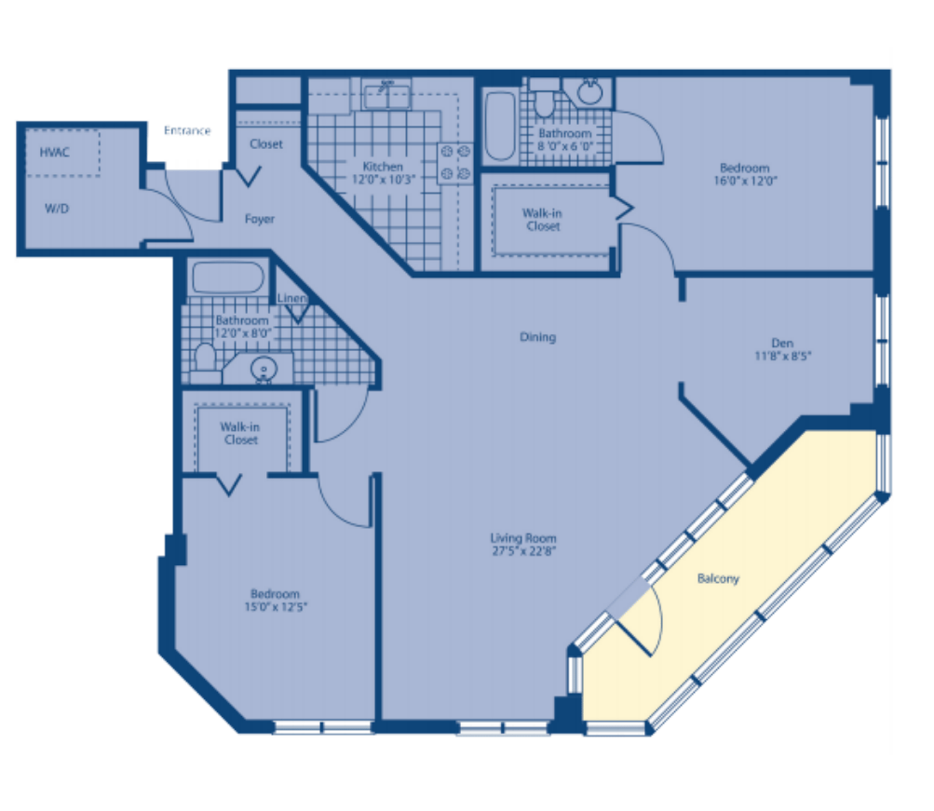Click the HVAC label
pyautogui.click(x=54, y=153)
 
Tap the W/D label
pyautogui.click(x=57, y=209)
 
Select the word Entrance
pyautogui.click(x=187, y=130)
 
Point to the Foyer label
pyautogui.click(x=260, y=219)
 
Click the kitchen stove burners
pyautogui.click(x=455, y=163)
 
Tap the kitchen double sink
pyautogui.click(x=387, y=95)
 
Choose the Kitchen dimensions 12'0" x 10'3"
pyautogui.click(x=383, y=179)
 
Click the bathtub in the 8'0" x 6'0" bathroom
pyautogui.click(x=500, y=126)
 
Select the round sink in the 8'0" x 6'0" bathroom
pyautogui.click(x=589, y=91)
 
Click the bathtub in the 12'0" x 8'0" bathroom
pyautogui.click(x=227, y=277)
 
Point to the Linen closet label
pyautogui.click(x=291, y=298)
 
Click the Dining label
pyautogui.click(x=537, y=337)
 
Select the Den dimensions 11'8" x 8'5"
pyautogui.click(x=783, y=356)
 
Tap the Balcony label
pyautogui.click(x=718, y=578)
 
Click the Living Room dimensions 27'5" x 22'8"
pyautogui.click(x=523, y=551)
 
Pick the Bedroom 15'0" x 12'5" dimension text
pyautogui.click(x=276, y=607)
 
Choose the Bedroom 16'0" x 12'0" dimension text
pyautogui.click(x=745, y=181)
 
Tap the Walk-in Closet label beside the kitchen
pyautogui.click(x=542, y=220)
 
